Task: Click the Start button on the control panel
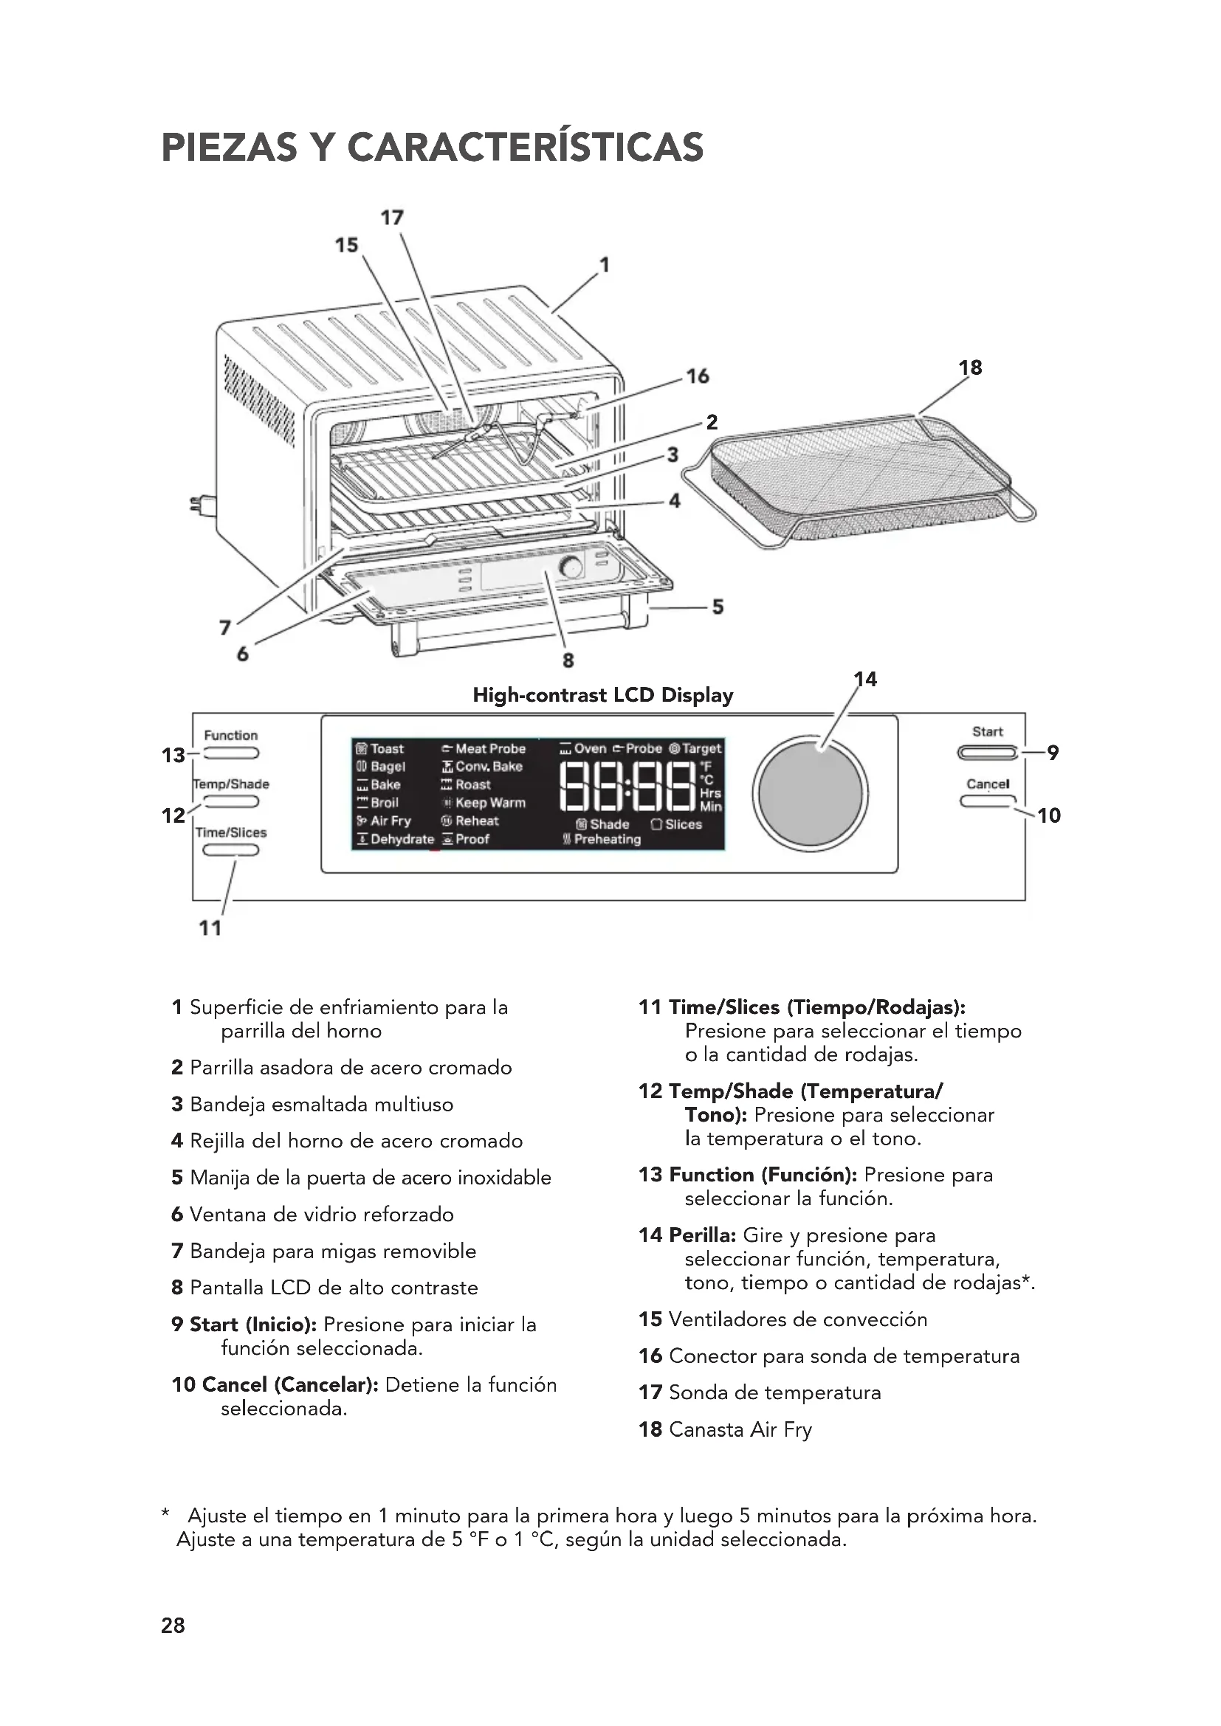(987, 753)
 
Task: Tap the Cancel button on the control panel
(987, 801)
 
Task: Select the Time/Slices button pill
(230, 850)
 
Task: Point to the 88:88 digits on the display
(629, 787)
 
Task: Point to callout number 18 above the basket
(970, 367)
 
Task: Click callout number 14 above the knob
(865, 680)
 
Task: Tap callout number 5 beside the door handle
(718, 607)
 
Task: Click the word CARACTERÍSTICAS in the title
(526, 148)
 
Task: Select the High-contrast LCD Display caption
(602, 695)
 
